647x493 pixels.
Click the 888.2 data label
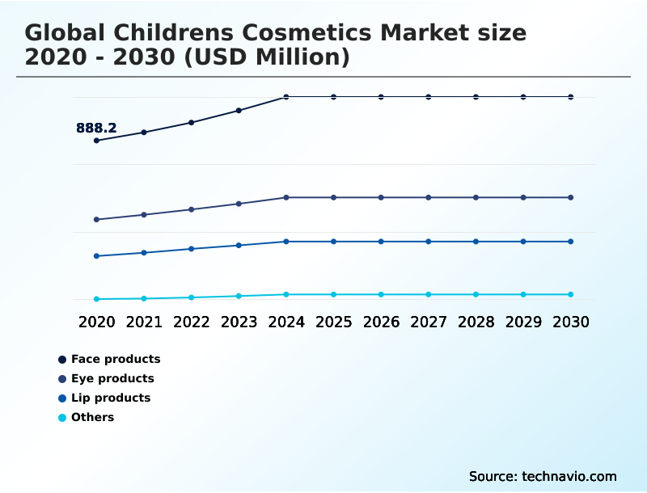point(96,128)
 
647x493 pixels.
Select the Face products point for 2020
point(96,141)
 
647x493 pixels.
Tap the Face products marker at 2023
point(239,111)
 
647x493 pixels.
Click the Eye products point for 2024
point(286,197)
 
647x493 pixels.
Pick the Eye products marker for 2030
point(571,197)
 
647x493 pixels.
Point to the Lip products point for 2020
point(96,256)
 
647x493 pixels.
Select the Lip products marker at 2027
point(429,242)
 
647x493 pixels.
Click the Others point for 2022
point(192,297)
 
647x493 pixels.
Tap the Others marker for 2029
point(523,294)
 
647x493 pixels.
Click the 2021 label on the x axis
point(144,322)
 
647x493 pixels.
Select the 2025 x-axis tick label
point(333,322)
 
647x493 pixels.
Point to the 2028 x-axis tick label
point(476,322)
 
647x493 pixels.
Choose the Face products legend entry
point(115,359)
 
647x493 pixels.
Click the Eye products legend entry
point(112,378)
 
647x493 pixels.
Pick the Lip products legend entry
point(110,398)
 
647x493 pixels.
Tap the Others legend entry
point(92,417)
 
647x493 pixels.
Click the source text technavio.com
point(569,476)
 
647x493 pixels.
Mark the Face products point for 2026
point(381,97)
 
